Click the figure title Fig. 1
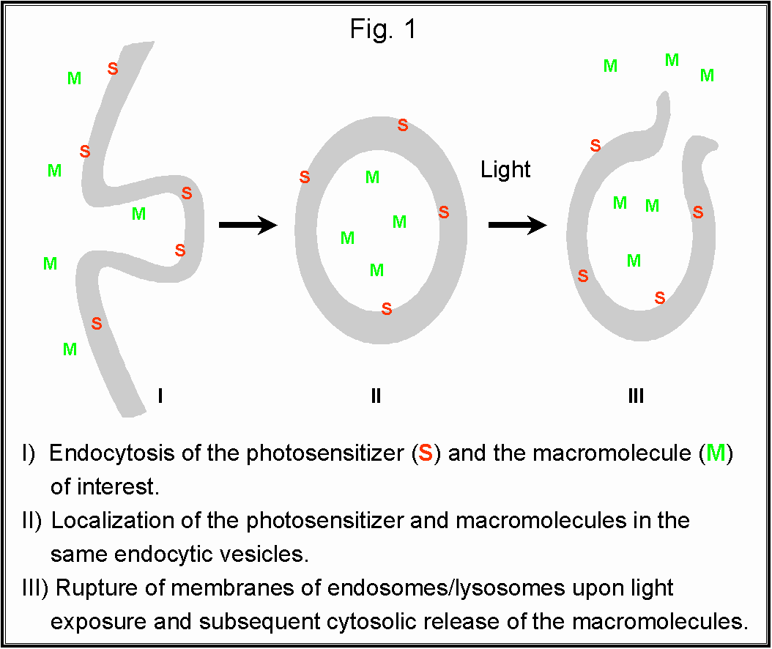click(x=382, y=29)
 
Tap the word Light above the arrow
click(x=505, y=170)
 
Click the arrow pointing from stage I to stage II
click(x=248, y=225)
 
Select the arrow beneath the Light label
click(x=517, y=225)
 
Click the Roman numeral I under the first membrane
click(x=160, y=396)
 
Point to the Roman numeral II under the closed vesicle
click(x=376, y=396)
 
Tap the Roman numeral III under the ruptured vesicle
click(x=636, y=396)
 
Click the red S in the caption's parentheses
click(x=425, y=453)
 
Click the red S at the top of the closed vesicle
click(x=403, y=125)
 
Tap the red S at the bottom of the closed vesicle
click(x=387, y=309)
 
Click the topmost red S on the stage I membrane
click(x=113, y=68)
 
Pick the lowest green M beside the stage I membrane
click(x=70, y=349)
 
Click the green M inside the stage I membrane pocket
click(x=138, y=214)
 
